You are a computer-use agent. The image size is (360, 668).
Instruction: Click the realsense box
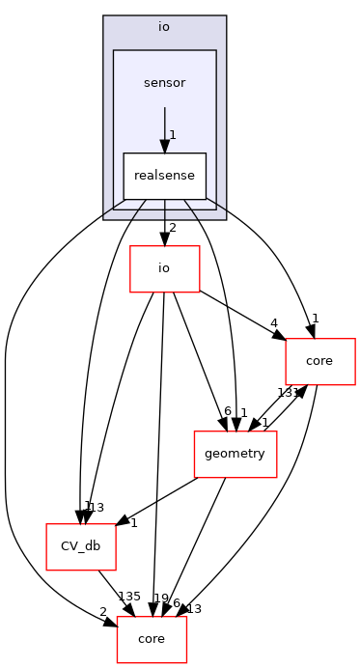(164, 176)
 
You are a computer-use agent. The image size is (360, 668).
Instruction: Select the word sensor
(164, 83)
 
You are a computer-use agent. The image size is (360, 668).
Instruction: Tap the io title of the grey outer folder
(164, 26)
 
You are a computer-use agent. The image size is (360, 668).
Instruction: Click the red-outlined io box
(164, 268)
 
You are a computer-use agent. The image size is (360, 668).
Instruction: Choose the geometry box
(235, 454)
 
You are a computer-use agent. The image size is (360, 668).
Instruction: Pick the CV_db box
(81, 546)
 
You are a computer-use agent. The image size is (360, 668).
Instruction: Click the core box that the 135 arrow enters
(152, 639)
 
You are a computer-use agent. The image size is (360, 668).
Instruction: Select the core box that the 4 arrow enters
(320, 361)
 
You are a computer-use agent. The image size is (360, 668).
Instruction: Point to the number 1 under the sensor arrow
(172, 135)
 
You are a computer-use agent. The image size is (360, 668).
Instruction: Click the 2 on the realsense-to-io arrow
(172, 228)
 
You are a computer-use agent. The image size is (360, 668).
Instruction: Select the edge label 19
(161, 598)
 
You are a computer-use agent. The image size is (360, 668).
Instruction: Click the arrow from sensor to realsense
(164, 128)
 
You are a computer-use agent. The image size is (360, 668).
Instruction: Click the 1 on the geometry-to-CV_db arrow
(133, 522)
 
